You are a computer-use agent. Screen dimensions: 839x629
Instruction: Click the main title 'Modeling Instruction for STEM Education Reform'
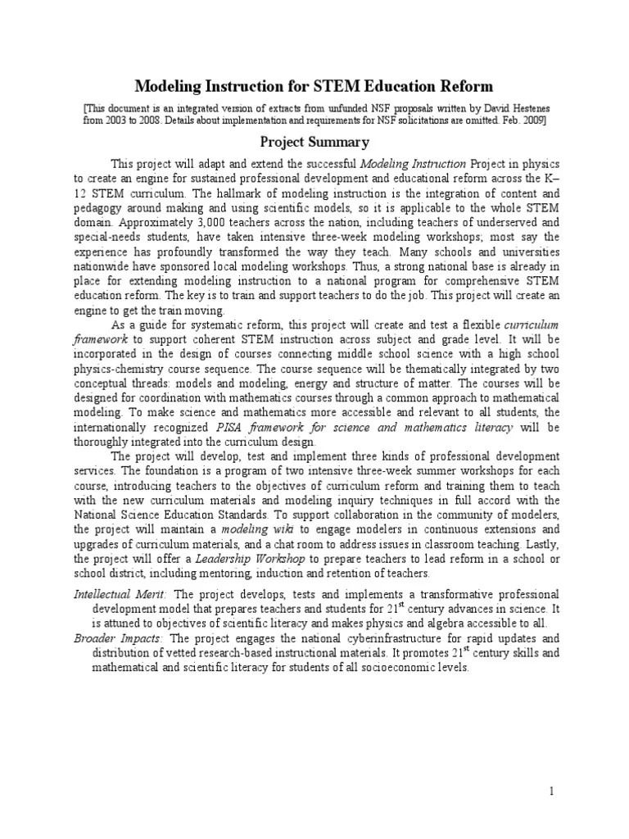(x=314, y=86)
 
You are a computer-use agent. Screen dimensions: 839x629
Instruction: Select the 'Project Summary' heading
(x=314, y=142)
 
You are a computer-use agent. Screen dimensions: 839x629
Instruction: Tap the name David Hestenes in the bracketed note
(x=510, y=107)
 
